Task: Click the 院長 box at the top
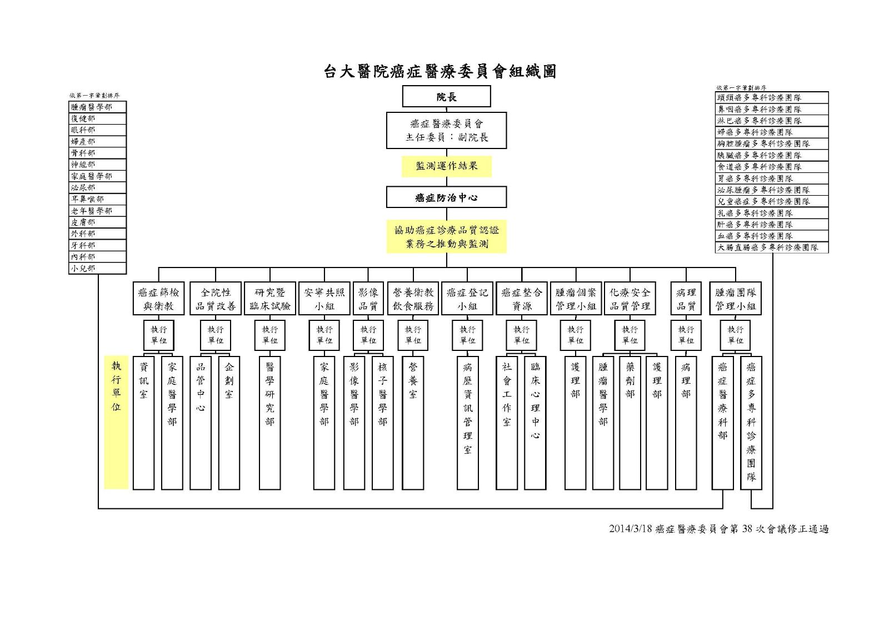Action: tap(446, 97)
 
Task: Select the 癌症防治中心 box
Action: tap(446, 197)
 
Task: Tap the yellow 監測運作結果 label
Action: tap(447, 166)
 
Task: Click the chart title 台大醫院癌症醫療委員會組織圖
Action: tap(440, 71)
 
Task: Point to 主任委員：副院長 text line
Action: tap(447, 137)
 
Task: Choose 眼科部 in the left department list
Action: tap(98, 130)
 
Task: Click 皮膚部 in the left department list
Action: tap(98, 222)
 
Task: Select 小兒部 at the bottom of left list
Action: tap(98, 268)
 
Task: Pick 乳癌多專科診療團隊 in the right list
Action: tap(771, 213)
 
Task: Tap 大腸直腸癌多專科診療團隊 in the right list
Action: tap(771, 247)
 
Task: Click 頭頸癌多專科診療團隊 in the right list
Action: tap(771, 97)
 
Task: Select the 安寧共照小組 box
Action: tap(324, 299)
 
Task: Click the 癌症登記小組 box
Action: tap(467, 299)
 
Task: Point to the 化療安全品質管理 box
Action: tap(630, 299)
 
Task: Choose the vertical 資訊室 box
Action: tap(144, 423)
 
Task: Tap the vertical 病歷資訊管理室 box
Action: tap(468, 423)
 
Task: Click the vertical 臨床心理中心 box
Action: tap(535, 423)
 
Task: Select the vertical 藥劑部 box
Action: tap(630, 423)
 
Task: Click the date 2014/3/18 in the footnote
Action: tap(630, 529)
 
